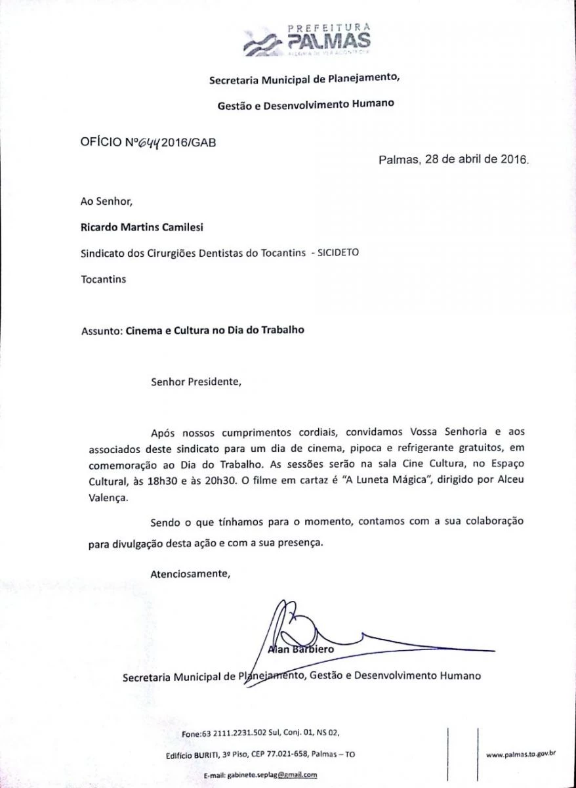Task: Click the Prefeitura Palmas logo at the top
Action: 306,39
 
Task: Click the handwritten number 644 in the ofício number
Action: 152,142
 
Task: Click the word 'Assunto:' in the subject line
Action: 101,330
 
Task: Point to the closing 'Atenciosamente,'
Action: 190,573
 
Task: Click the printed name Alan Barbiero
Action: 302,649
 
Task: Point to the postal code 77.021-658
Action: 284,755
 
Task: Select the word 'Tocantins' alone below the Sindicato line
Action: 103,279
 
